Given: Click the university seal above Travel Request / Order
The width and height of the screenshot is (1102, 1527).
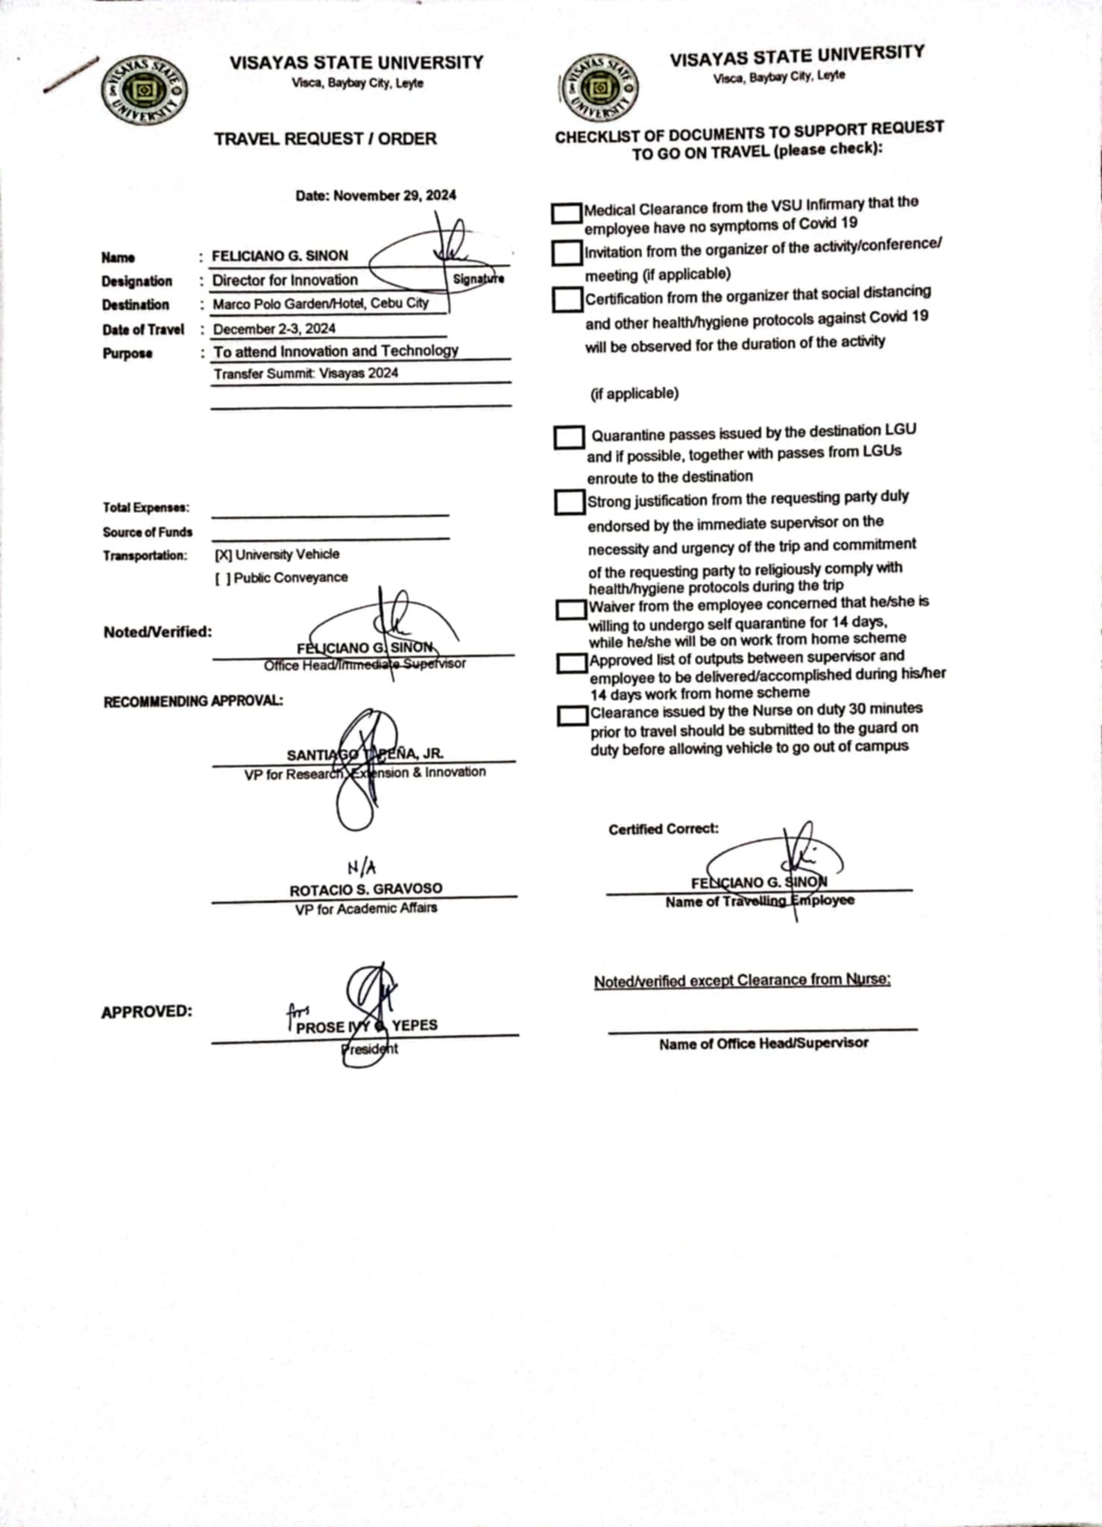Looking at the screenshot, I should click(144, 92).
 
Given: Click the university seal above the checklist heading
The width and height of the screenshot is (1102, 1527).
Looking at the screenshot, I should click(598, 87).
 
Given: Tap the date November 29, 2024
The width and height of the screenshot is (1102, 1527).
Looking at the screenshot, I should click(376, 195).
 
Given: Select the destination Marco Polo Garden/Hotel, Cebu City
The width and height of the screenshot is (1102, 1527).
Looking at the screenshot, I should click(321, 304).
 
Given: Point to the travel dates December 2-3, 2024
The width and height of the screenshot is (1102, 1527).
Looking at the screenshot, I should click(274, 329).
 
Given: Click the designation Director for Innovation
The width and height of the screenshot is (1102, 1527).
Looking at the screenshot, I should click(285, 280).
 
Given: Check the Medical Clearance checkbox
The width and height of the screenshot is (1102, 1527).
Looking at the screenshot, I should click(567, 213).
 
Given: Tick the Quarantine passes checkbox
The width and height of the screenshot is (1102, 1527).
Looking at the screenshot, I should click(569, 438).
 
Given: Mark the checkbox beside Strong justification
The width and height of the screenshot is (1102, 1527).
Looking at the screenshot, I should click(570, 502).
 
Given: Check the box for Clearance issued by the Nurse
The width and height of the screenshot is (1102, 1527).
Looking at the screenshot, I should click(573, 716).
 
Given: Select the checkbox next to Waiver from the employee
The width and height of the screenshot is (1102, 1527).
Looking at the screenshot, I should click(571, 610).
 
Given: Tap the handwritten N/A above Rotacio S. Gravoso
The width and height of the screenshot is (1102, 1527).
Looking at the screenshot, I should click(362, 867).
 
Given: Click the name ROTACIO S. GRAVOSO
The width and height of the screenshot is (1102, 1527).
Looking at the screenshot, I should click(365, 889).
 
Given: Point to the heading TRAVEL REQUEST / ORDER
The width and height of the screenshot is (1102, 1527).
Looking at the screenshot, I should click(325, 139).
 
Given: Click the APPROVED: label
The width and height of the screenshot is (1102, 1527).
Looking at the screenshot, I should click(147, 1012).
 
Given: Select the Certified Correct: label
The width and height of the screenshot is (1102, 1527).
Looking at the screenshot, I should click(664, 829).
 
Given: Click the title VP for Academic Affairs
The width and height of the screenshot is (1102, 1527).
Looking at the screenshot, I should click(365, 909).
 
